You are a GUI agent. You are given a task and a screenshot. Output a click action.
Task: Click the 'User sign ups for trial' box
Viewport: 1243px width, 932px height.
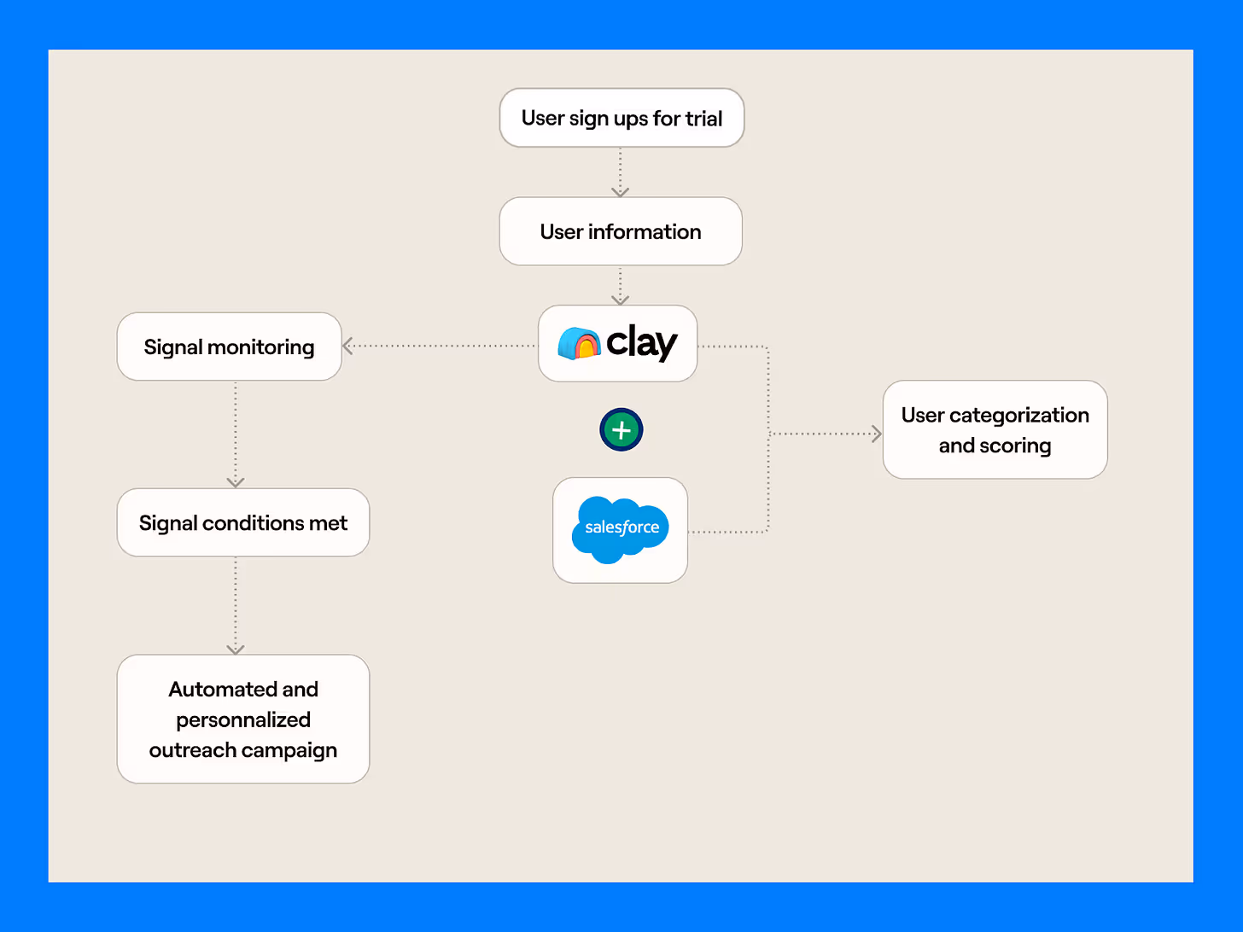pyautogui.click(x=621, y=118)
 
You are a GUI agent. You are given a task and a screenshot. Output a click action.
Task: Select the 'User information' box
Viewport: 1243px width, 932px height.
pyautogui.click(x=621, y=231)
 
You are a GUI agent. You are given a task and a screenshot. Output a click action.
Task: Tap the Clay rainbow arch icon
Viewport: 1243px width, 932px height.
pyautogui.click(x=579, y=343)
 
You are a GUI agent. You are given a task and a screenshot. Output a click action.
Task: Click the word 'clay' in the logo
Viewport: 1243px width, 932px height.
pyautogui.click(x=641, y=342)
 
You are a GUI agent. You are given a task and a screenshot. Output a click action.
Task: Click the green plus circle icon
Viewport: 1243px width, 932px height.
pyautogui.click(x=621, y=430)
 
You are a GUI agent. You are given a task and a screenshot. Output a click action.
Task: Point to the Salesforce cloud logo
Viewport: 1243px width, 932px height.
pyautogui.click(x=621, y=529)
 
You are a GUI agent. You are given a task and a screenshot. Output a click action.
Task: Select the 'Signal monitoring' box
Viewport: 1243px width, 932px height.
pyautogui.click(x=229, y=347)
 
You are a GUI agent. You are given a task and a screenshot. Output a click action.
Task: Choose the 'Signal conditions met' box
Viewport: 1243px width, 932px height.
pyautogui.click(x=243, y=522)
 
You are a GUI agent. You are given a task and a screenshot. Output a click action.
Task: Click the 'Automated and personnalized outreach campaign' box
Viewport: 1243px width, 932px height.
pyautogui.click(x=243, y=719)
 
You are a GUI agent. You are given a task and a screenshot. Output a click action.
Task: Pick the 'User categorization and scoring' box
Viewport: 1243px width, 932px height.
pyautogui.click(x=995, y=429)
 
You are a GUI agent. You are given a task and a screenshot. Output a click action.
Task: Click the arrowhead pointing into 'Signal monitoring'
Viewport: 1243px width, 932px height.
pyautogui.click(x=347, y=346)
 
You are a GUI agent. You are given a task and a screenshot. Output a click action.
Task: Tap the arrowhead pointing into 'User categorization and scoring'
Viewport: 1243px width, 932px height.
pyautogui.click(x=876, y=434)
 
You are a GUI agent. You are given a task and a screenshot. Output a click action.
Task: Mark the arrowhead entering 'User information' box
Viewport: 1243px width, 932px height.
pyautogui.click(x=621, y=192)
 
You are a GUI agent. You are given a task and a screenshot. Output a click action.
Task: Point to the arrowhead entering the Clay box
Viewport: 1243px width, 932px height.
pyautogui.click(x=621, y=300)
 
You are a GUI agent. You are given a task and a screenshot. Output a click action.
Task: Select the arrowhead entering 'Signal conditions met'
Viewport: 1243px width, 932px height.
pyautogui.click(x=236, y=482)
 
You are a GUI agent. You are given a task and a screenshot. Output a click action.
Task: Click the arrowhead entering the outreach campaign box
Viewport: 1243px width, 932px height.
pyautogui.click(x=236, y=649)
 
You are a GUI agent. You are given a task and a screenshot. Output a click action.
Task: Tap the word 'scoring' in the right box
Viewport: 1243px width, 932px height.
pyautogui.click(x=1015, y=446)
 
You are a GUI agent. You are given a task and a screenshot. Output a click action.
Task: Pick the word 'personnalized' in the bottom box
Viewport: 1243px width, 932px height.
pyautogui.click(x=243, y=719)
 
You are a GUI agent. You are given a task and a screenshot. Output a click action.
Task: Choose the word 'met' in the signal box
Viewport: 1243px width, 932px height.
pyautogui.click(x=329, y=522)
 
